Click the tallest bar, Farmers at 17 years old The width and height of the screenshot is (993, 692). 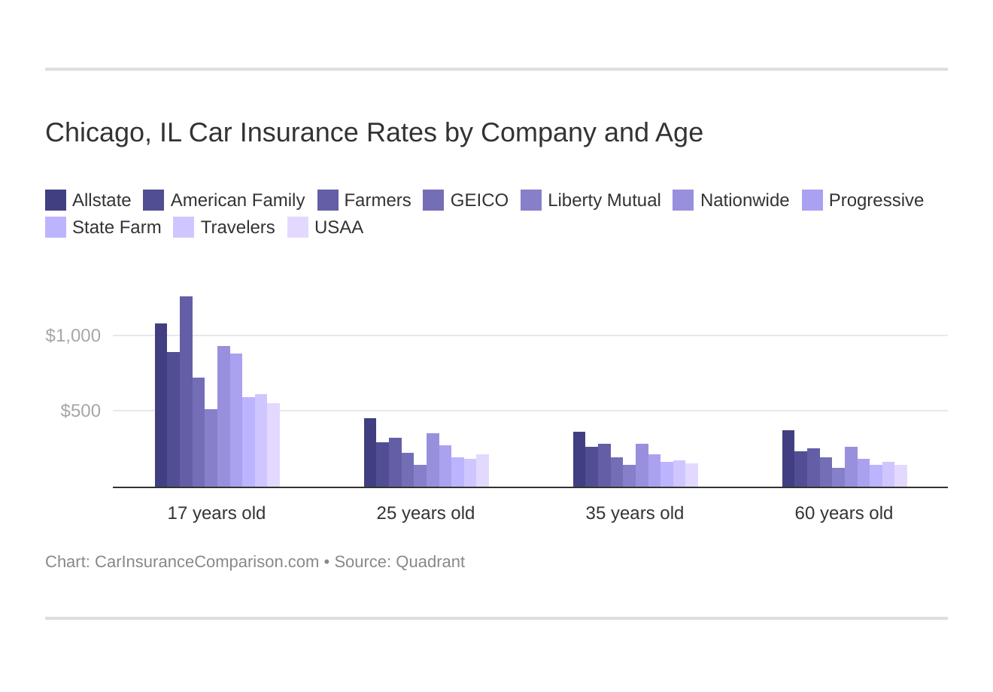pyautogui.click(x=186, y=391)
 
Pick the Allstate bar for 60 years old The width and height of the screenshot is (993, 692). pyautogui.click(x=788, y=459)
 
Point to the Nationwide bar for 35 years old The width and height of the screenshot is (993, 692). pyautogui.click(x=642, y=466)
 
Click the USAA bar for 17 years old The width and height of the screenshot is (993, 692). pyautogui.click(x=273, y=445)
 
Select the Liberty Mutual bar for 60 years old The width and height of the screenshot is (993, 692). pyautogui.click(x=838, y=478)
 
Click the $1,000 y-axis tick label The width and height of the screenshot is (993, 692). pyautogui.click(x=73, y=335)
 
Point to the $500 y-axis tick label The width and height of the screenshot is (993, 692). pyautogui.click(x=80, y=411)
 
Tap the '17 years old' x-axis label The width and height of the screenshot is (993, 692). pyautogui.click(x=216, y=513)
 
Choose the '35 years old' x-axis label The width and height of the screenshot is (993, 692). pyautogui.click(x=634, y=513)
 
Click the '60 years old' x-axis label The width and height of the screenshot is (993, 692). pyautogui.click(x=843, y=513)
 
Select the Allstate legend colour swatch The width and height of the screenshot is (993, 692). pyautogui.click(x=56, y=200)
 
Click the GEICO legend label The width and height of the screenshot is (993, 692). pyautogui.click(x=479, y=200)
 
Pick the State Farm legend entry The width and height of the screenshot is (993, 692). pyautogui.click(x=116, y=227)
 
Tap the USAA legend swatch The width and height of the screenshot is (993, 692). pyautogui.click(x=298, y=227)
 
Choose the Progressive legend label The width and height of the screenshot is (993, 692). pyautogui.click(x=876, y=200)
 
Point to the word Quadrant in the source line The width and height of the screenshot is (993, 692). pyautogui.click(x=430, y=562)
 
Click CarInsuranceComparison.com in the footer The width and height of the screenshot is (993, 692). pyautogui.click(x=207, y=562)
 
